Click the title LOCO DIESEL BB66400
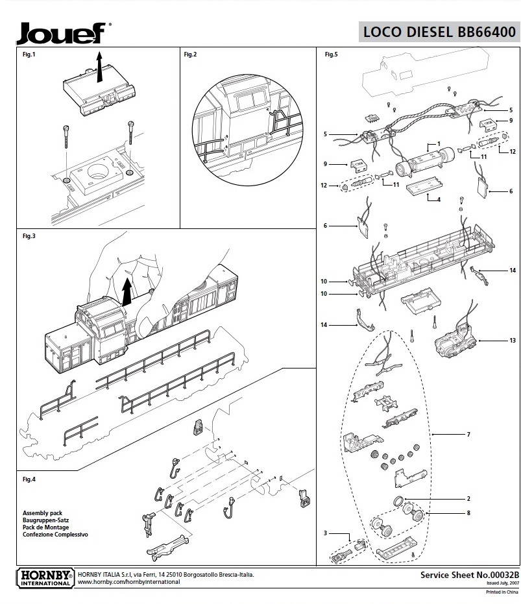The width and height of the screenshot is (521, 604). point(440,32)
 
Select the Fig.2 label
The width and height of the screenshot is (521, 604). point(190,54)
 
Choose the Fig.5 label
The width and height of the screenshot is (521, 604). point(331,54)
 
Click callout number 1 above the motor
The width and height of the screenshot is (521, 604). point(439,143)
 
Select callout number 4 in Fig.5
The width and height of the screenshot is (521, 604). point(439,199)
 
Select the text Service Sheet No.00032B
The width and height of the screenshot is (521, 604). point(461,575)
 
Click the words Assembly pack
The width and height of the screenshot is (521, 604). point(41,513)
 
